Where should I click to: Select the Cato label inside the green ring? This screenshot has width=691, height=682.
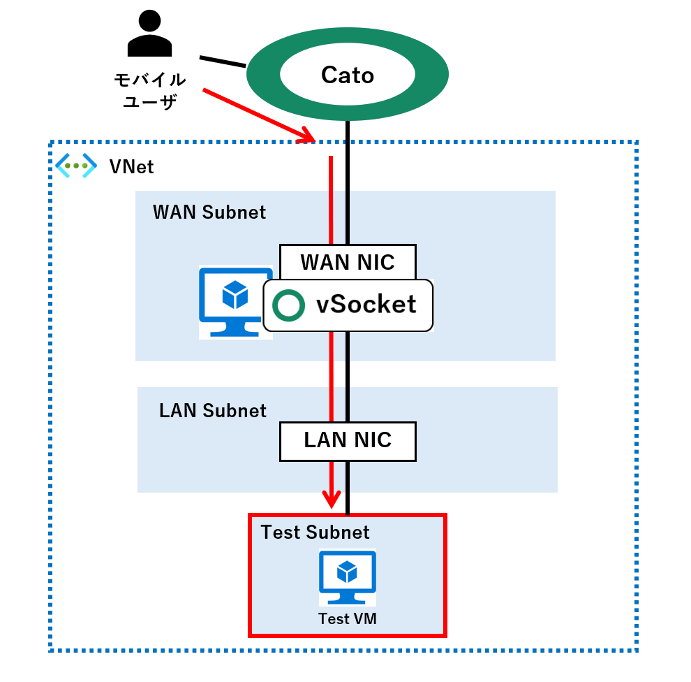click(347, 75)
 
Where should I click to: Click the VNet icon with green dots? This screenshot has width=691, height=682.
click(75, 166)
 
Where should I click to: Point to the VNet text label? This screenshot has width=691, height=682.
click(131, 167)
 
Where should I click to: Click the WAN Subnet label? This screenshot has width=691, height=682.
click(209, 212)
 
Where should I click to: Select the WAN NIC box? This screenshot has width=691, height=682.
click(348, 262)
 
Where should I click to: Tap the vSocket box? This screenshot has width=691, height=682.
click(348, 305)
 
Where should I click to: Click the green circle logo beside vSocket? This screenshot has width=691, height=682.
click(288, 305)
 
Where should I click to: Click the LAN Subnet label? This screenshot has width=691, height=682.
click(213, 410)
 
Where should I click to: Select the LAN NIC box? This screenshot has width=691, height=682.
click(348, 440)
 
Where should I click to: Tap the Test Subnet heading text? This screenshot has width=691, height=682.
click(315, 532)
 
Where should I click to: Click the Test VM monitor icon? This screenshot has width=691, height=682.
click(347, 577)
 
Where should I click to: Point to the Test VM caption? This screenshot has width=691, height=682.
click(347, 618)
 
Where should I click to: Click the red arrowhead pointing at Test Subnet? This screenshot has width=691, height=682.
click(331, 499)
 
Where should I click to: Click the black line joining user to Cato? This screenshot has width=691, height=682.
click(223, 61)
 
